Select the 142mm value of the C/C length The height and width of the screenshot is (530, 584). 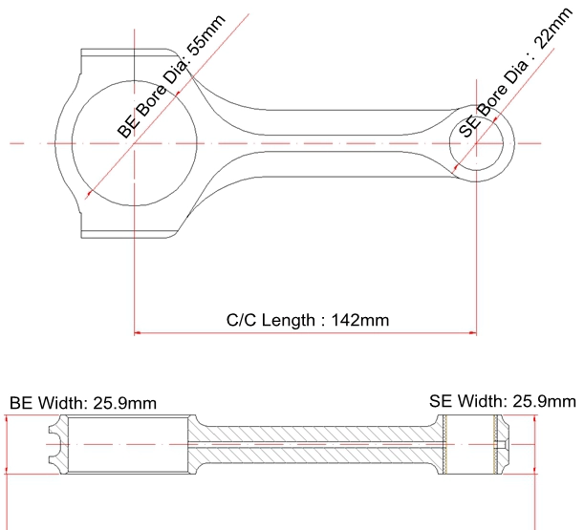point(359,320)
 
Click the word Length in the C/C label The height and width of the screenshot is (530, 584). point(288,321)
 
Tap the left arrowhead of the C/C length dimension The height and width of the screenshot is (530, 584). point(138,332)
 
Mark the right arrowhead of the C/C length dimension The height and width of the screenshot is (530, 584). point(473,332)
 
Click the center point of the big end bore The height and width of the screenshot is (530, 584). point(135,143)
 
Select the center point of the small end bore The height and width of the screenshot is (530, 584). point(476,143)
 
